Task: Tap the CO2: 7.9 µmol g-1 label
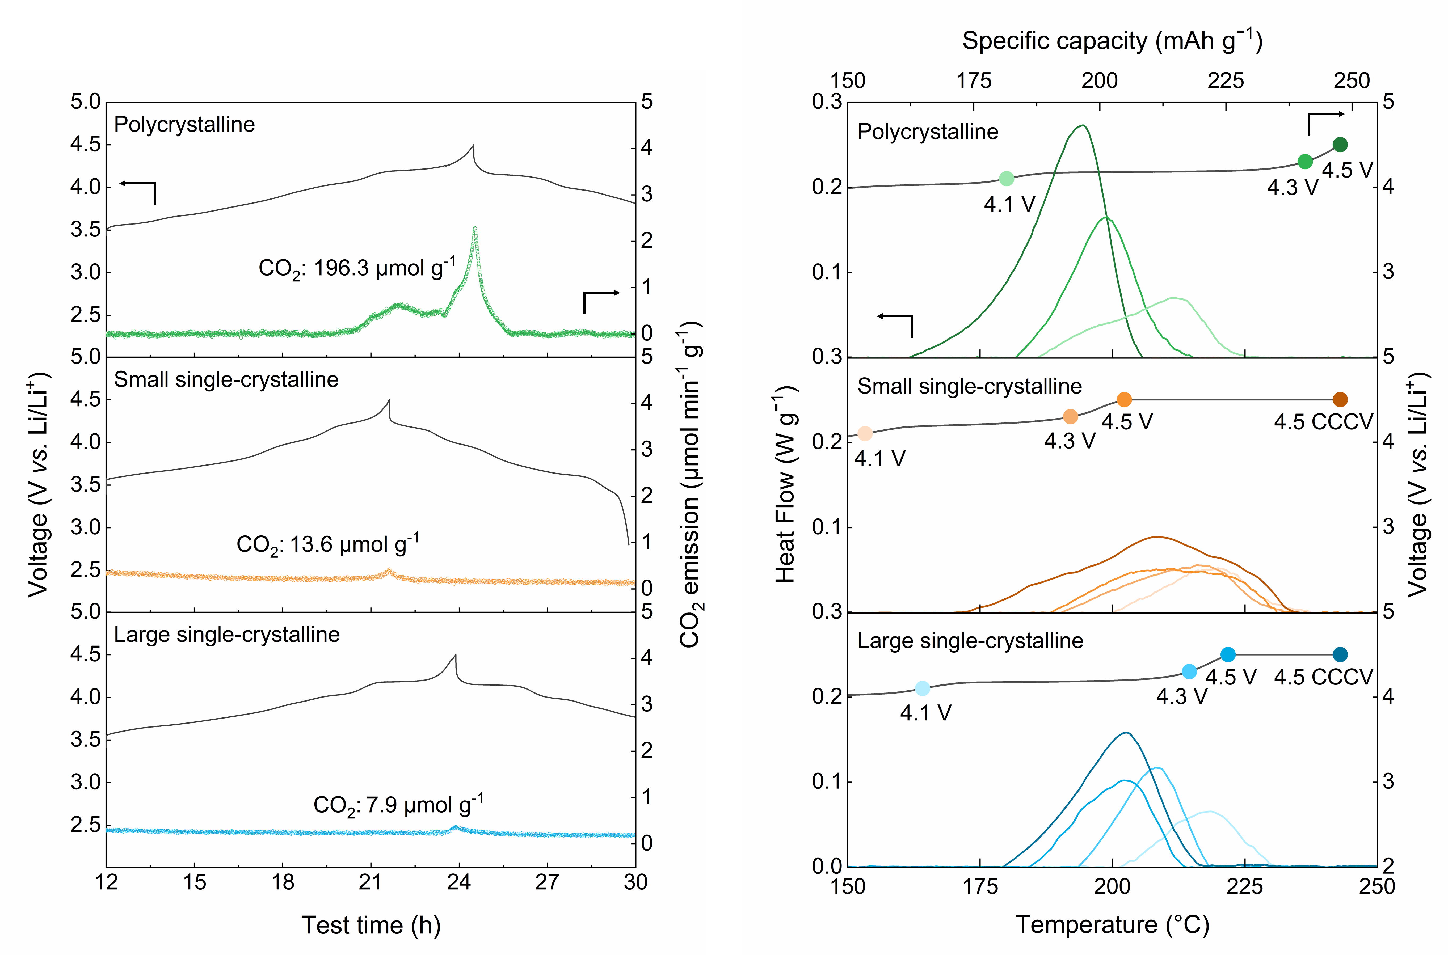(398, 805)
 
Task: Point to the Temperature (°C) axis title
(1112, 924)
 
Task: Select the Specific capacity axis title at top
(1112, 41)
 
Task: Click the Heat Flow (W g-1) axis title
(786, 484)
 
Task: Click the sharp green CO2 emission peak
(474, 228)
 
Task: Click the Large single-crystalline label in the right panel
(970, 641)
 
